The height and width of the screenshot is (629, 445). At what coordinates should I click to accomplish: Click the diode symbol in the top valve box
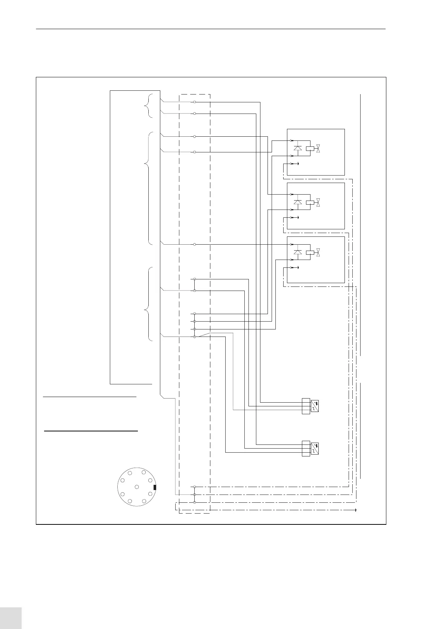click(x=298, y=148)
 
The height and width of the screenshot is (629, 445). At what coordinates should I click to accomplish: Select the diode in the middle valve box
click(x=298, y=202)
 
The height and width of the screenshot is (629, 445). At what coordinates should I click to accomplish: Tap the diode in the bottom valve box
click(x=298, y=252)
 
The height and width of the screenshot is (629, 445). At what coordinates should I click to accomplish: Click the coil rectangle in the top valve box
click(x=310, y=148)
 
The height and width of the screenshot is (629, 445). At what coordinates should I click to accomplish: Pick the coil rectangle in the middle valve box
click(x=310, y=202)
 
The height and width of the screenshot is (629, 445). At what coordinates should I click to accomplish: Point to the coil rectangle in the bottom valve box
click(x=310, y=252)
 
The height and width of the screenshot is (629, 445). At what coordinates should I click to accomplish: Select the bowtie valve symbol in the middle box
click(x=319, y=202)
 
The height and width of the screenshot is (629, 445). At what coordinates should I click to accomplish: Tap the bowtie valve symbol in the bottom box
click(x=319, y=252)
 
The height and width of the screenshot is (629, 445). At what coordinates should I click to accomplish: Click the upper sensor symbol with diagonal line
click(x=315, y=406)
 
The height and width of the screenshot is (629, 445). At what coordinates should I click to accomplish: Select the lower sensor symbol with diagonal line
click(x=315, y=449)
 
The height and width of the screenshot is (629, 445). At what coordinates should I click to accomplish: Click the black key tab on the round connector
click(x=155, y=487)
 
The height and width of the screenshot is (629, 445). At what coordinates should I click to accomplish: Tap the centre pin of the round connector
click(x=137, y=487)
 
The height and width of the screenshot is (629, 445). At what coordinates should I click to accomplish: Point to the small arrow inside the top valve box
click(x=297, y=164)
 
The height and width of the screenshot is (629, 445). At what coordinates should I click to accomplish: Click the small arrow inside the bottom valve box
click(x=297, y=267)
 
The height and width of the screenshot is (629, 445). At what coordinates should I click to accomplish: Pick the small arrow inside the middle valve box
click(x=297, y=217)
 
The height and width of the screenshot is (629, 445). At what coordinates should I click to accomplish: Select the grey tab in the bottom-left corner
click(x=11, y=618)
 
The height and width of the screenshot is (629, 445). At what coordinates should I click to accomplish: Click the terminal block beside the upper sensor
click(x=306, y=406)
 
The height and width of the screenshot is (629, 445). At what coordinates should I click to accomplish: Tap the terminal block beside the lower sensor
click(x=306, y=449)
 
